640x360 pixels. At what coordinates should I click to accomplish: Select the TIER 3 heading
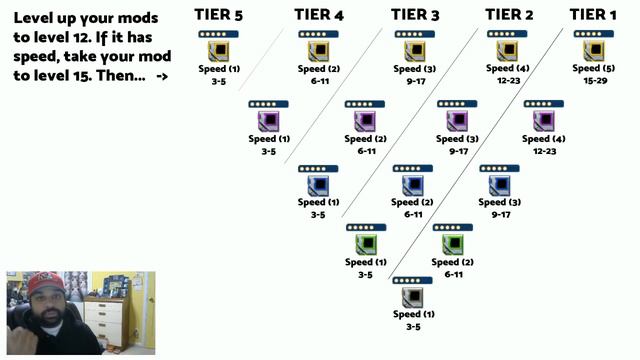[x=415, y=14]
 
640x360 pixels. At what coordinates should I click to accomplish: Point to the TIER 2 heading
[x=509, y=14]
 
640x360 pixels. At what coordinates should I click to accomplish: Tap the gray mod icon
[x=408, y=299]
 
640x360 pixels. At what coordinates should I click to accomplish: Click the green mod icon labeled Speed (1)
[x=366, y=244]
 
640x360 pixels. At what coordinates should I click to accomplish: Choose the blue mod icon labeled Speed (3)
[x=499, y=185]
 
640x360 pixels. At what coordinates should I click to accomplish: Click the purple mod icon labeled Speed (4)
[x=543, y=121]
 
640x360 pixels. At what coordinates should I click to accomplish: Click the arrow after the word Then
[x=162, y=76]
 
